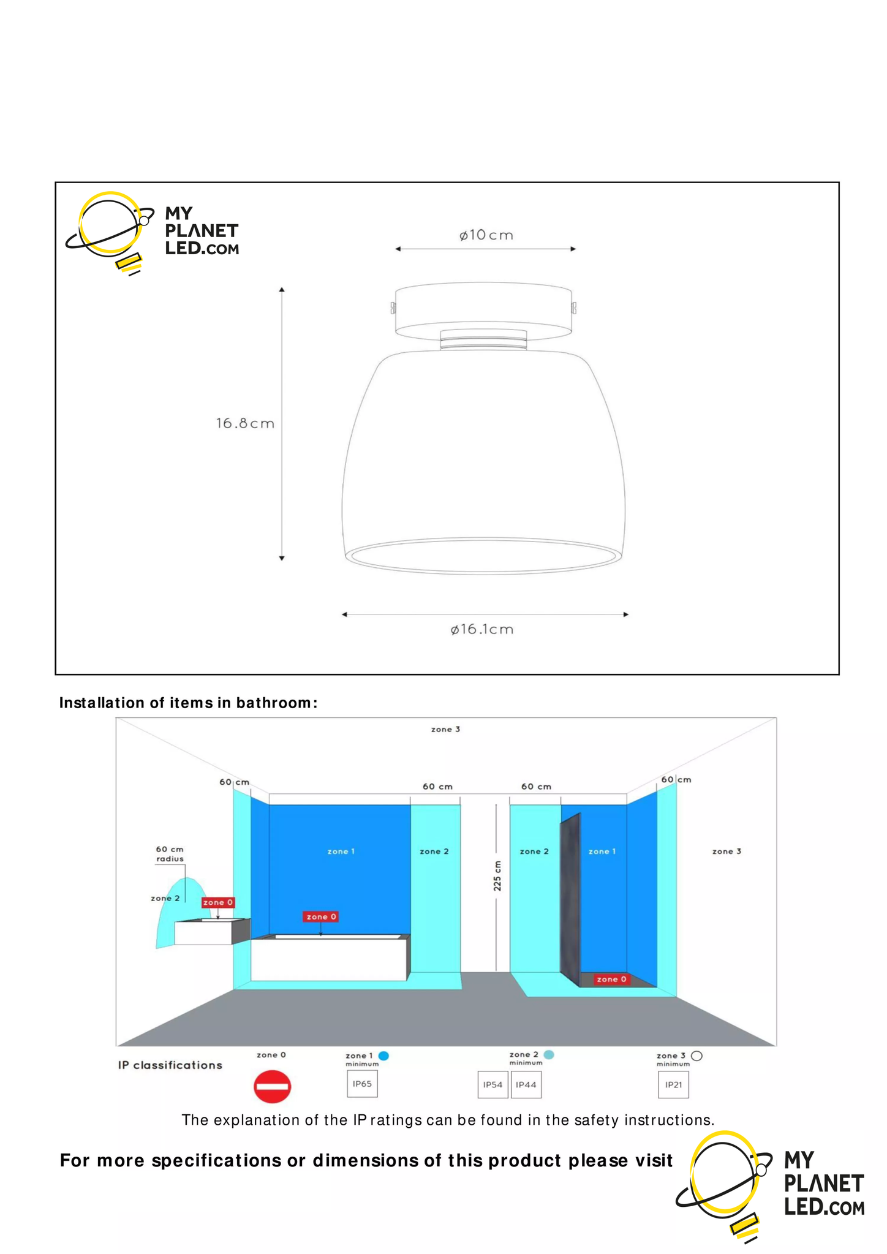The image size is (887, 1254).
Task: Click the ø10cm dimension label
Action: (486, 235)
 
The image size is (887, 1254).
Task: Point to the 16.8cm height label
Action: (245, 423)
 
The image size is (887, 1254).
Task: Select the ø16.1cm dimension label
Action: (482, 629)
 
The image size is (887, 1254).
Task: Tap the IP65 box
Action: (362, 1084)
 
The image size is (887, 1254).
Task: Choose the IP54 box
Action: (493, 1085)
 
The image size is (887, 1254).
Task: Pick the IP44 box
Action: (526, 1085)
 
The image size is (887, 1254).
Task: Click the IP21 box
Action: (673, 1085)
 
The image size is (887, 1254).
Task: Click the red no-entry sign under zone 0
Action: (272, 1086)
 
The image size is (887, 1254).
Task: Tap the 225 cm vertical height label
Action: (497, 876)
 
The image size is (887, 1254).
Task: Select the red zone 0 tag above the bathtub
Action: (321, 916)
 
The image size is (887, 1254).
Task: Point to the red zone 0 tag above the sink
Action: (218, 902)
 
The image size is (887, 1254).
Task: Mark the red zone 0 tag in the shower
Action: (611, 979)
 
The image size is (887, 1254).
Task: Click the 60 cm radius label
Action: (170, 854)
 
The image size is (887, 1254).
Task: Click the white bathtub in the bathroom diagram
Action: (328, 959)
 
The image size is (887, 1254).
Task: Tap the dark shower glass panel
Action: (570, 901)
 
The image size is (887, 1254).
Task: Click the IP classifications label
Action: (170, 1065)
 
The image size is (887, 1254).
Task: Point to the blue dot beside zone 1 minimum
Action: (384, 1056)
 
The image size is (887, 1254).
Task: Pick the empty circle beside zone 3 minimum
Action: (696, 1056)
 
